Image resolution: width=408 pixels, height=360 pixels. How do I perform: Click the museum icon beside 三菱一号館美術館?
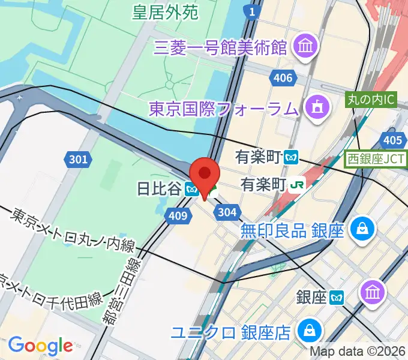pyautogui.click(x=305, y=46)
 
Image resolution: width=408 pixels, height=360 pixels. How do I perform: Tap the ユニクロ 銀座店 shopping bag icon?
pyautogui.click(x=311, y=331)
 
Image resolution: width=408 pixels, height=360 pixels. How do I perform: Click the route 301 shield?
pyautogui.click(x=78, y=159)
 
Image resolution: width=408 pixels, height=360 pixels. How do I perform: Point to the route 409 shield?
pyautogui.click(x=178, y=215)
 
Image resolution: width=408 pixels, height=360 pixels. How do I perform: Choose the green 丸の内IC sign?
pyautogui.click(x=371, y=100)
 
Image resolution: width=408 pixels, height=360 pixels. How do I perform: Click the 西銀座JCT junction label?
pyautogui.click(x=376, y=160)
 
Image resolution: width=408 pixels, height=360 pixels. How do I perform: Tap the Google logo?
pyautogui.click(x=40, y=345)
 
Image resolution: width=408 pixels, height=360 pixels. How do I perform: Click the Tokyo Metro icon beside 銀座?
pyautogui.click(x=338, y=296)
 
